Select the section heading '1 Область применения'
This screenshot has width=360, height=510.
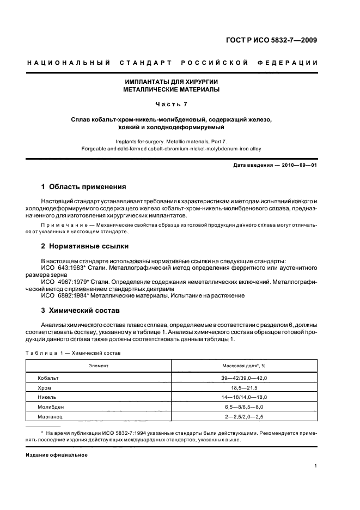pyautogui.click(x=84, y=186)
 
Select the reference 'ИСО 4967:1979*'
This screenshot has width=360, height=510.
pyautogui.click(x=62, y=282)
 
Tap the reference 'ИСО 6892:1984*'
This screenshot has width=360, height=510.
pyautogui.click(x=62, y=296)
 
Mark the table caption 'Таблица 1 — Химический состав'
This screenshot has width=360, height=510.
pyautogui.click(x=74, y=353)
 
